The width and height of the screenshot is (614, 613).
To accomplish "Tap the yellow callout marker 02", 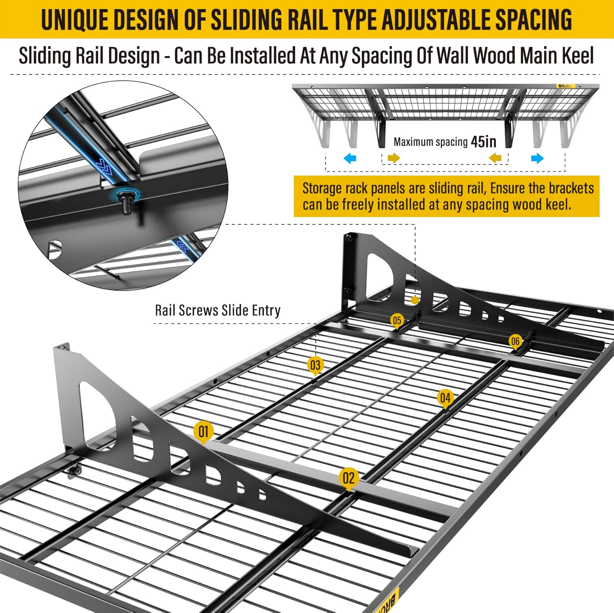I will tap(348, 478).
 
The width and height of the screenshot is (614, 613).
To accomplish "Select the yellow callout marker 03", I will tap(315, 365).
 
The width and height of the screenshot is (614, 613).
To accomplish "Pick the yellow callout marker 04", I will tap(445, 398).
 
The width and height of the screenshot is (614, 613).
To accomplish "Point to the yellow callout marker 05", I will tap(397, 320).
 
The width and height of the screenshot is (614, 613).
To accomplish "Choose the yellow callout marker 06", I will tap(515, 341).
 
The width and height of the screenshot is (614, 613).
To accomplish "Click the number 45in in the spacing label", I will tap(483, 142).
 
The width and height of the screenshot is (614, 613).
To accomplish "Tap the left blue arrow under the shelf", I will tap(350, 158).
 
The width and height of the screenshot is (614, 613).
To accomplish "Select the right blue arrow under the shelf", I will tap(537, 158).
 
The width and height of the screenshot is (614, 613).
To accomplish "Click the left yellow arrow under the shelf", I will tap(394, 158).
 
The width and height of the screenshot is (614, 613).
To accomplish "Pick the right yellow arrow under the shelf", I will tap(495, 158).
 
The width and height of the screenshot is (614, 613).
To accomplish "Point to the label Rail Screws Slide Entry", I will tap(217, 310).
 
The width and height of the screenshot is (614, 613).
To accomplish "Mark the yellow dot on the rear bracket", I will tap(415, 300).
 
